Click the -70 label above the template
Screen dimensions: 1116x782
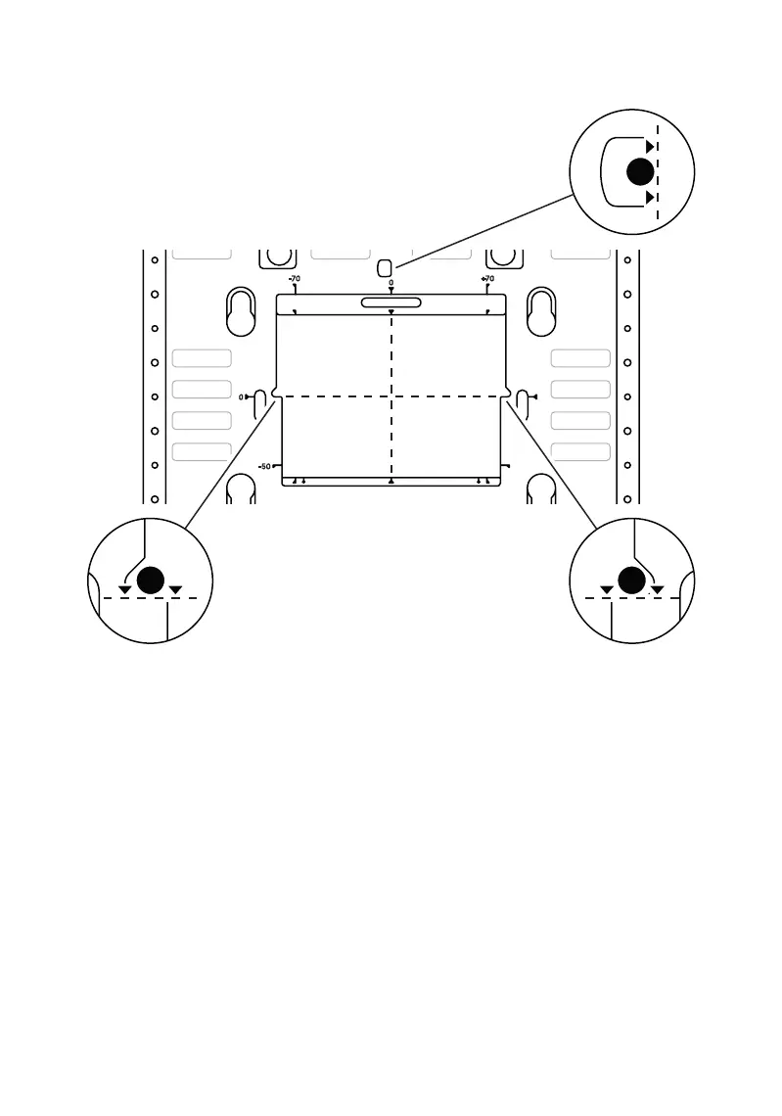[295, 279]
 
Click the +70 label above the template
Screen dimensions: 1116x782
[487, 279]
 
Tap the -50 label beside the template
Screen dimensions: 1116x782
[264, 466]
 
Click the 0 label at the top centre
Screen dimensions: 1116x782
[391, 282]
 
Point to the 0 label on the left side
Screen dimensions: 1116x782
[241, 397]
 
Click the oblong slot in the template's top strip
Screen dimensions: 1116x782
[391, 302]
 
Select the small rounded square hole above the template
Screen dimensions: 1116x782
[385, 267]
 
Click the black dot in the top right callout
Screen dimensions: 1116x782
[640, 172]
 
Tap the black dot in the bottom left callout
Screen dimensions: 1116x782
[150, 581]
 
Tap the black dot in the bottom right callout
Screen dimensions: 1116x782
[632, 581]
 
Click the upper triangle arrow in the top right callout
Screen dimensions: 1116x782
[651, 146]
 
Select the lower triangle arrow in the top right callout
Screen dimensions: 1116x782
[651, 198]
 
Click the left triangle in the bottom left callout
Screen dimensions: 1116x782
[124, 590]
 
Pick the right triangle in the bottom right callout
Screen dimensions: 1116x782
[658, 590]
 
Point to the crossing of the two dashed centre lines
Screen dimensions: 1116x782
[391, 396]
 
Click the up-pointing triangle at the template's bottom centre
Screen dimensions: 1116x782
[391, 483]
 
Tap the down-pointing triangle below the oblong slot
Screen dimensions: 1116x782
[391, 312]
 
